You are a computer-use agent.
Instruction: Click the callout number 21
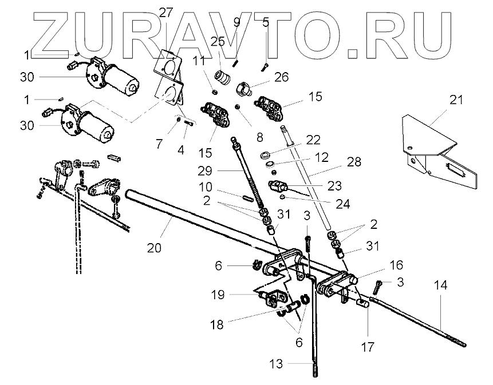pos(455,101)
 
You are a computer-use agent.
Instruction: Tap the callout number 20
pos(153,248)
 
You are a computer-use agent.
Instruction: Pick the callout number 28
pos(354,162)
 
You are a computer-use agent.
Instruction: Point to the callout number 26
pos(265,77)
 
